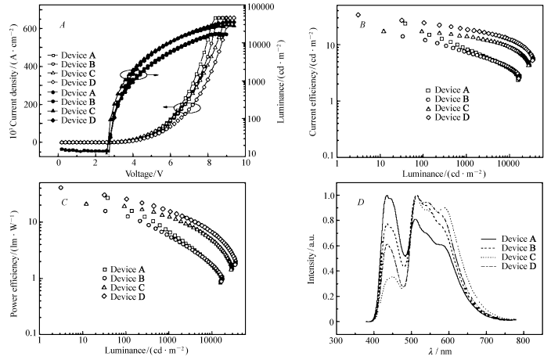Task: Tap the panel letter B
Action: click(x=362, y=24)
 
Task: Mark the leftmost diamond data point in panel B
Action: click(x=358, y=15)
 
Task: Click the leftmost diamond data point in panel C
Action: click(x=61, y=188)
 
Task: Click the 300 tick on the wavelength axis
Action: click(x=337, y=341)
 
